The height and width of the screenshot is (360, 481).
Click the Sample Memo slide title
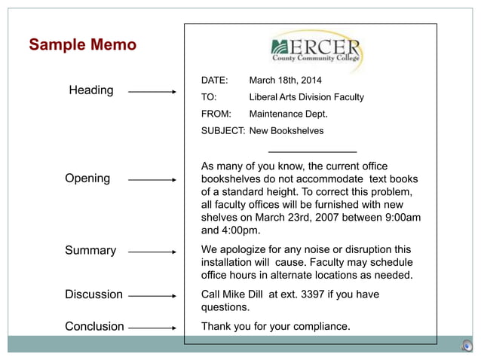(x=82, y=45)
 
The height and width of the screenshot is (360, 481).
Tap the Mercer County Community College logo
(x=316, y=50)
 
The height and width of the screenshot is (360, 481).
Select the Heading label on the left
(x=91, y=90)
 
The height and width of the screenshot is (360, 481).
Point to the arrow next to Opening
(x=152, y=180)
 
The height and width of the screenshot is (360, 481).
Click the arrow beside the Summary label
(x=152, y=252)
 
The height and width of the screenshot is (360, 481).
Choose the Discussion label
(x=93, y=294)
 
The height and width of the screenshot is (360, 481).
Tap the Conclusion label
(x=94, y=326)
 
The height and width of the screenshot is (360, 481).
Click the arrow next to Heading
(x=152, y=92)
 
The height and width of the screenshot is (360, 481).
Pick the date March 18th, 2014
(x=285, y=81)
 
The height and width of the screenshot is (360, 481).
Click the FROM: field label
(x=216, y=114)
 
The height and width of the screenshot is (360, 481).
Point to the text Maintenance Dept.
(x=288, y=114)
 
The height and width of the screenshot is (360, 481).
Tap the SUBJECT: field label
(x=222, y=131)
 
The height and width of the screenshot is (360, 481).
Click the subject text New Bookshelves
(x=286, y=131)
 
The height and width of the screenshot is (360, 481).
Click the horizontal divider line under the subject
(x=312, y=152)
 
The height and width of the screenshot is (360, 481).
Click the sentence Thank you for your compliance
(x=275, y=326)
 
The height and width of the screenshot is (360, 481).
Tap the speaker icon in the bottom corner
(x=467, y=346)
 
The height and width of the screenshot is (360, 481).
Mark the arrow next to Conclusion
(x=152, y=328)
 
